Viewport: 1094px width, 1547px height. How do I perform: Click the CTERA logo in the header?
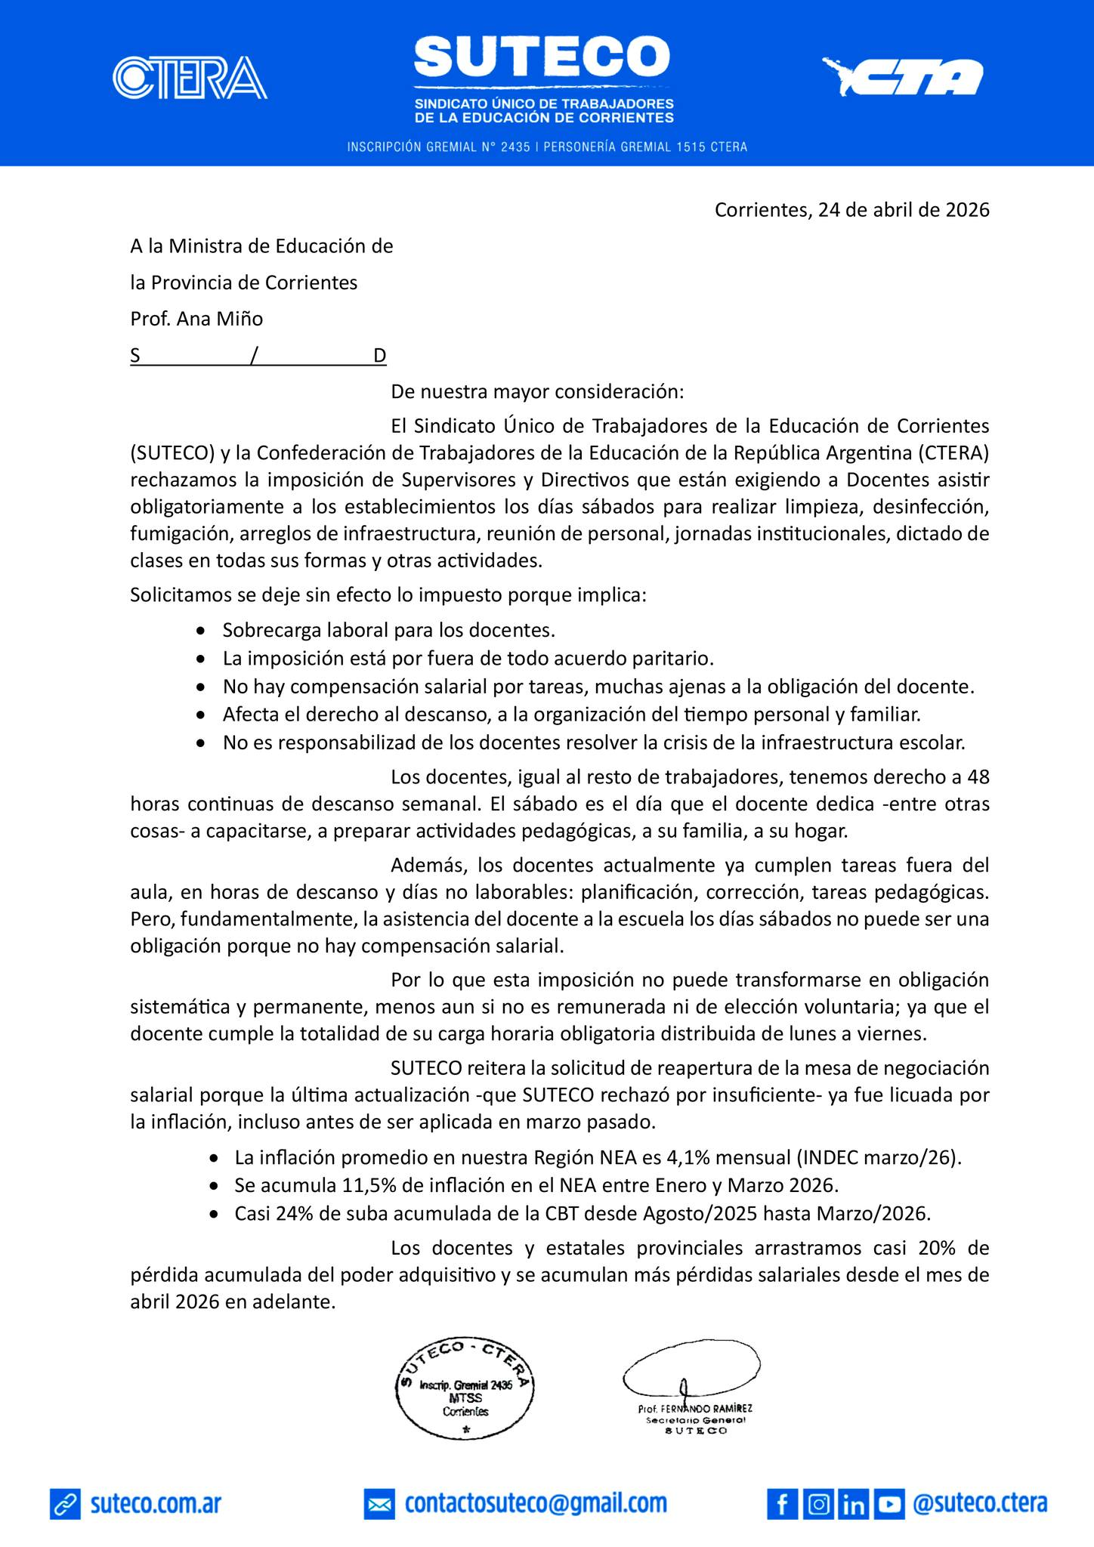tap(190, 78)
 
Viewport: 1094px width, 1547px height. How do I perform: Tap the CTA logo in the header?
tap(903, 77)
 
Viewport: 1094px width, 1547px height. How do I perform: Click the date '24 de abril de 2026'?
tap(904, 210)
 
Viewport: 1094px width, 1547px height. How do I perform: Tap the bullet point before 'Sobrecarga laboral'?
tap(199, 630)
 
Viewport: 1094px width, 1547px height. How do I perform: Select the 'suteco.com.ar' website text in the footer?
tap(156, 1503)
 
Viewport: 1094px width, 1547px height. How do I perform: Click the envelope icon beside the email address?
tap(379, 1504)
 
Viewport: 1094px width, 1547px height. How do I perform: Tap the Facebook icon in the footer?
tap(782, 1503)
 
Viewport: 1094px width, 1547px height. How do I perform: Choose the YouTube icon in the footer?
tap(889, 1503)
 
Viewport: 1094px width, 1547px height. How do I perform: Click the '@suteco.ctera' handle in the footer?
tap(980, 1503)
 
